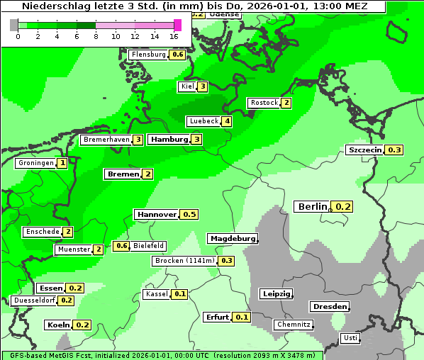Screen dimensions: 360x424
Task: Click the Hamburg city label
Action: (x=169, y=140)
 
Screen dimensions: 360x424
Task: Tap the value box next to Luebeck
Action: (x=227, y=121)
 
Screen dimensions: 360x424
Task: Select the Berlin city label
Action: (x=312, y=206)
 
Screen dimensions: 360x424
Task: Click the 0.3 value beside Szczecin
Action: (x=394, y=150)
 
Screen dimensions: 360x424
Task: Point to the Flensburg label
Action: (x=148, y=55)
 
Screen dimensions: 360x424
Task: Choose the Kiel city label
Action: (x=187, y=86)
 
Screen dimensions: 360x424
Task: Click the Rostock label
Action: (x=264, y=103)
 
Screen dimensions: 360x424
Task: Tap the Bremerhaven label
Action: (x=106, y=140)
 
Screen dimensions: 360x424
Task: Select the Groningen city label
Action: (x=35, y=163)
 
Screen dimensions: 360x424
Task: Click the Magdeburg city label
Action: (x=233, y=239)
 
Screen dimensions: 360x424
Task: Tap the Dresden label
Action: (x=329, y=307)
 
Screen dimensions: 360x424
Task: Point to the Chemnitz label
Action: (x=294, y=325)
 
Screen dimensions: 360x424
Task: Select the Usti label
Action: (x=350, y=338)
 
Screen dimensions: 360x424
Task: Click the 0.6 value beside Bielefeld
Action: (x=121, y=246)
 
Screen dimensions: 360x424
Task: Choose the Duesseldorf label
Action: (x=34, y=300)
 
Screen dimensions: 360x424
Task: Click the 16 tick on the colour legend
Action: (x=174, y=35)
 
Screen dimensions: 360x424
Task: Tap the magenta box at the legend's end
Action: (x=177, y=25)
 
